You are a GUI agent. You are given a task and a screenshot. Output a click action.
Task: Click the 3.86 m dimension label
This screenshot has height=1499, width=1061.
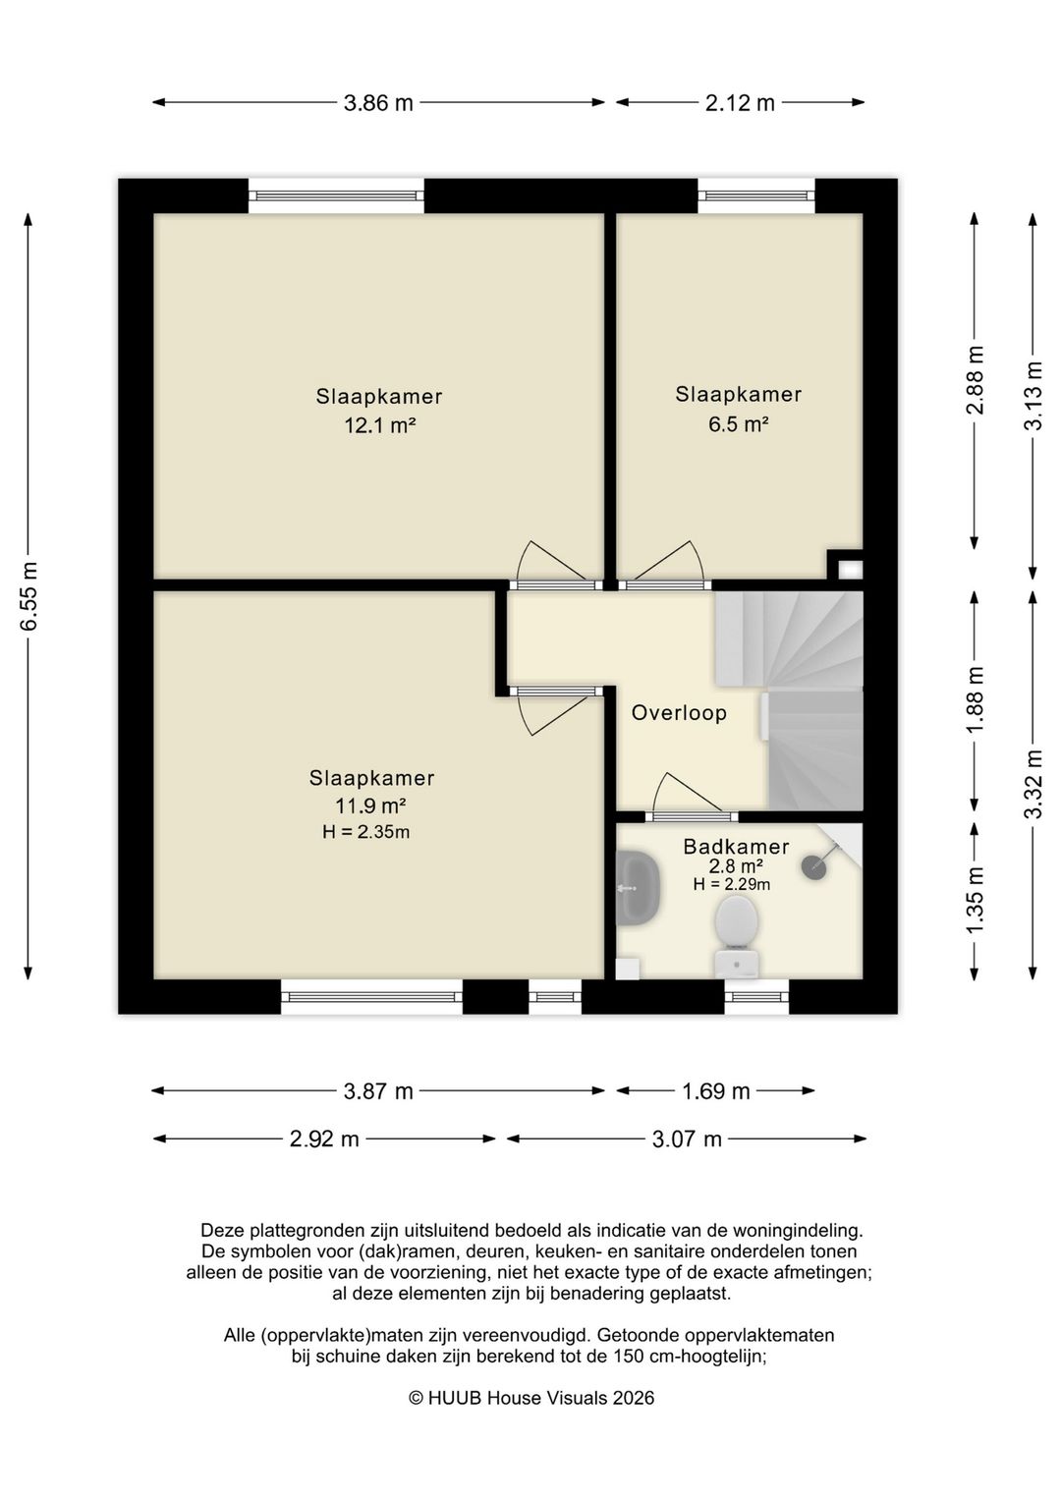click(x=378, y=103)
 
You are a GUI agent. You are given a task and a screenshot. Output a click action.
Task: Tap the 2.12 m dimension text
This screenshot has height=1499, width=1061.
click(x=740, y=103)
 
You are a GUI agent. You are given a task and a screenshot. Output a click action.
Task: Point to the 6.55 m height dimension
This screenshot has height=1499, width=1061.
click(x=28, y=596)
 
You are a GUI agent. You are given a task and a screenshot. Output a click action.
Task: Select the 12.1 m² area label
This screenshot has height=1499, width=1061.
click(x=379, y=425)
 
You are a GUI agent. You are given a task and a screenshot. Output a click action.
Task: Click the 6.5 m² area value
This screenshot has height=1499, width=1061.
click(x=738, y=423)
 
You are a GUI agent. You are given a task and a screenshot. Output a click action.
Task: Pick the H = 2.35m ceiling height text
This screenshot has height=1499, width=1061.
click(x=366, y=832)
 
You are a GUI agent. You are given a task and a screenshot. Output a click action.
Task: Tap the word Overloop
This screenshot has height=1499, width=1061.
click(x=679, y=713)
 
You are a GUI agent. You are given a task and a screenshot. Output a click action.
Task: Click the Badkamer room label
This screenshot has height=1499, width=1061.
click(x=736, y=847)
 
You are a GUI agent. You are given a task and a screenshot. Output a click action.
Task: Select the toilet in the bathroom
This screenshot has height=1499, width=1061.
click(x=736, y=936)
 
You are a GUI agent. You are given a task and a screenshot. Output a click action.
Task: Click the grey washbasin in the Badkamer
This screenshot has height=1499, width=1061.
click(x=638, y=887)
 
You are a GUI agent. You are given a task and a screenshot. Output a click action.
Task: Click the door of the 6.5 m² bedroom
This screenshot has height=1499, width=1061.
click(x=665, y=566)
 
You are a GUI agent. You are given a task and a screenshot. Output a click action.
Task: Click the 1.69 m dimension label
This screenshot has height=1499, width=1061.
click(x=715, y=1091)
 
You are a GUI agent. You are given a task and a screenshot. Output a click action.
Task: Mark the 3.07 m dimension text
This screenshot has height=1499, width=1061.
click(x=687, y=1138)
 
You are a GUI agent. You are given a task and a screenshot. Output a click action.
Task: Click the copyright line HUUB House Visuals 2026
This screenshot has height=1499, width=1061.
click(x=531, y=1398)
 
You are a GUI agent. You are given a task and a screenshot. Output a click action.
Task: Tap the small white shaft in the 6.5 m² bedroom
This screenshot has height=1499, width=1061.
click(x=850, y=570)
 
